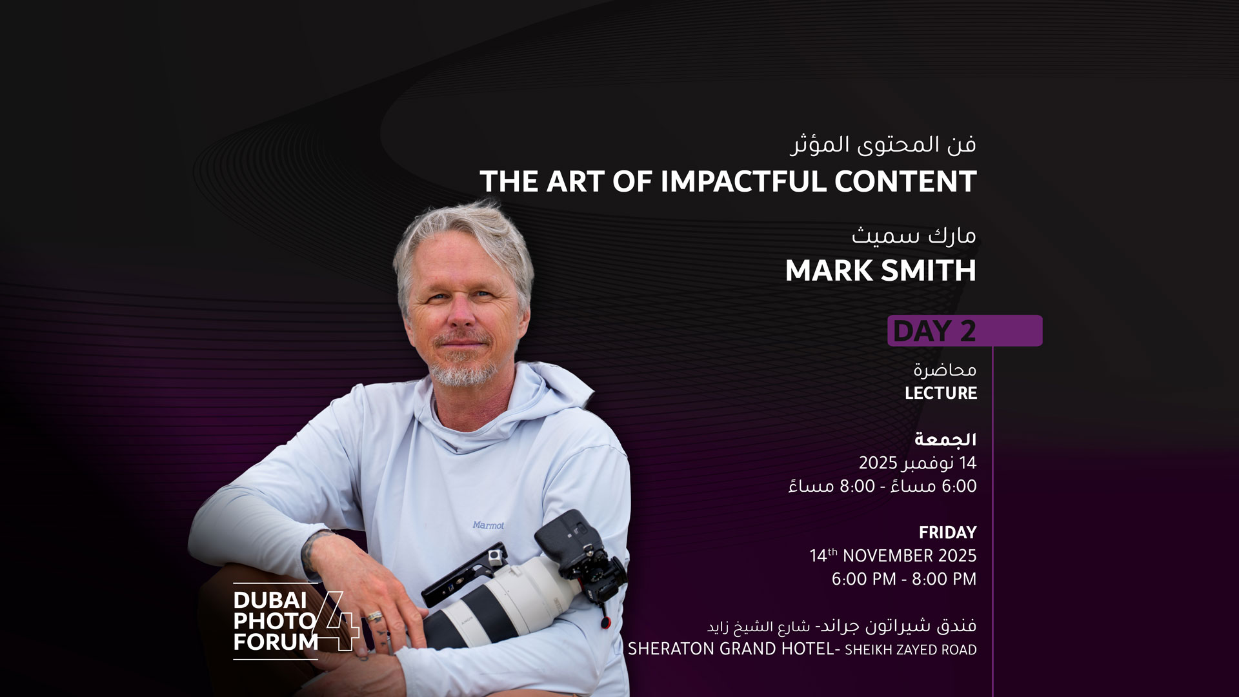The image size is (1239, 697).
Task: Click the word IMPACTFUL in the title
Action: pyautogui.click(x=743, y=182)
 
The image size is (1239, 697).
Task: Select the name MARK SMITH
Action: pyautogui.click(x=880, y=271)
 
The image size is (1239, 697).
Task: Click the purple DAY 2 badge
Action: pyautogui.click(x=964, y=331)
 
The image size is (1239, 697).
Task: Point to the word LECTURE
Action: pyautogui.click(x=940, y=393)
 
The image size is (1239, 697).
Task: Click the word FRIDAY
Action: pyautogui.click(x=947, y=532)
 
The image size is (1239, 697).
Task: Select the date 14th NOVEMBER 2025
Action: pyautogui.click(x=892, y=556)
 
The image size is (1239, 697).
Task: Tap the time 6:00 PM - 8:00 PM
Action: pyautogui.click(x=903, y=579)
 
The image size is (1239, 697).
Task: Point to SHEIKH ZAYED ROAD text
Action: pyautogui.click(x=911, y=650)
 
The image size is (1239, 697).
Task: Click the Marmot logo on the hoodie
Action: pyautogui.click(x=488, y=525)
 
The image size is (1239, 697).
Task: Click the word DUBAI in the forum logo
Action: pyautogui.click(x=270, y=600)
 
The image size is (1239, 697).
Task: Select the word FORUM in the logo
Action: pyautogui.click(x=276, y=642)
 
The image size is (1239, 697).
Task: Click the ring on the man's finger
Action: pyautogui.click(x=374, y=616)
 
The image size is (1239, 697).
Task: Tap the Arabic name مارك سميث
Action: pyautogui.click(x=913, y=236)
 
